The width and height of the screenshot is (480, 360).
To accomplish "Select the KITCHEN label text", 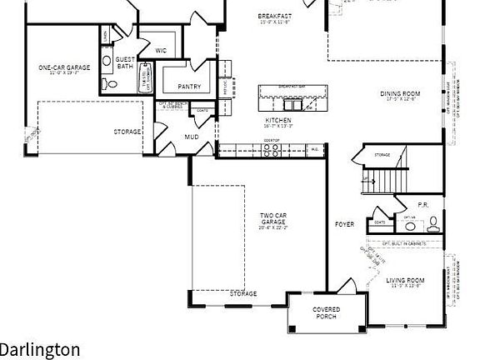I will click(278, 120).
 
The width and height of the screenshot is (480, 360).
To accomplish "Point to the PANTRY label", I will click(189, 86).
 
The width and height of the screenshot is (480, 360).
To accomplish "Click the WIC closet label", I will click(160, 50).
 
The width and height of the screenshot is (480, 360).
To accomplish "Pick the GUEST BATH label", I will click(125, 62).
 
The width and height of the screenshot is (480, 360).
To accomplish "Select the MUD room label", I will click(192, 136).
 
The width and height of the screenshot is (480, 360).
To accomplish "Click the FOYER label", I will click(344, 224).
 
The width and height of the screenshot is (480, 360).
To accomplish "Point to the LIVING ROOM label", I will click(406, 280).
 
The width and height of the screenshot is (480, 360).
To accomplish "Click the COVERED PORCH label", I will click(326, 313).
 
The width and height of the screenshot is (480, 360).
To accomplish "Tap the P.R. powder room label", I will click(422, 204).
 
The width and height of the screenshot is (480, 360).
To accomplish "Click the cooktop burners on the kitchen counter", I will click(271, 150).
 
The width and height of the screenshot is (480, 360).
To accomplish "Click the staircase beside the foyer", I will click(389, 178).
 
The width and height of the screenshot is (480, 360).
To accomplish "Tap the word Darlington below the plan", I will click(40, 349).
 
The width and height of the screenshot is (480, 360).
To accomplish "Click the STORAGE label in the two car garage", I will click(243, 293).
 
